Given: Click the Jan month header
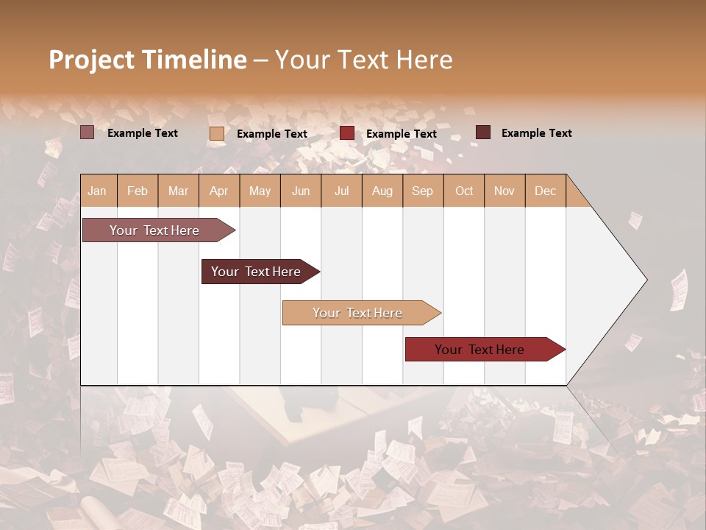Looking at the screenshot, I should point(97,191).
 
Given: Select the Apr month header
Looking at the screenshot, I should point(218,191).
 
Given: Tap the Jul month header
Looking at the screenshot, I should point(341,191).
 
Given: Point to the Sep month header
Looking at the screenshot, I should point(422,191).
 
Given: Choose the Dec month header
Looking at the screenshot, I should point(545,191).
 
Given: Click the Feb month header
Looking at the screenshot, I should point(138,191).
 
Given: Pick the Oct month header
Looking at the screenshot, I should point(464,191).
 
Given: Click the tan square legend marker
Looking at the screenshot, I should point(217,133).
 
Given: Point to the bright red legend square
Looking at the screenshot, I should point(347,133).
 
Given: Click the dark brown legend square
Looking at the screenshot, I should point(483,132).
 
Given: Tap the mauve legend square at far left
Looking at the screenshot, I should point(87,132).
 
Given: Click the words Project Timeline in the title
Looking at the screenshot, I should point(147,60).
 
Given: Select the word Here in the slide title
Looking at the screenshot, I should point(424,60).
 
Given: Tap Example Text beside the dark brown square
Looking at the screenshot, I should point(536,133).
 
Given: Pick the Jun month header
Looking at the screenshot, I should point(301,191).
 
